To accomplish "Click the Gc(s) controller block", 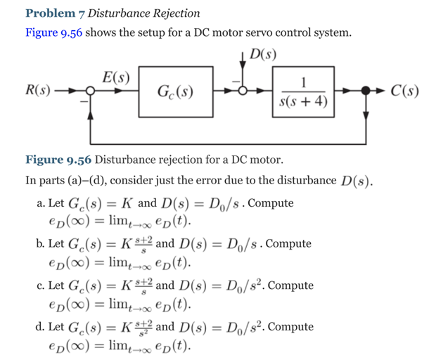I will point(177,93).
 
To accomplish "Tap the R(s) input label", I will point(35,90).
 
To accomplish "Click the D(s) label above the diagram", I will point(262,54).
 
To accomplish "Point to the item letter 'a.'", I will point(40,204).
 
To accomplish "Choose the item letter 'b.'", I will point(40,244).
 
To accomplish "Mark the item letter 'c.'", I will point(40,286).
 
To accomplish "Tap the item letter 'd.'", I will point(40,326).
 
